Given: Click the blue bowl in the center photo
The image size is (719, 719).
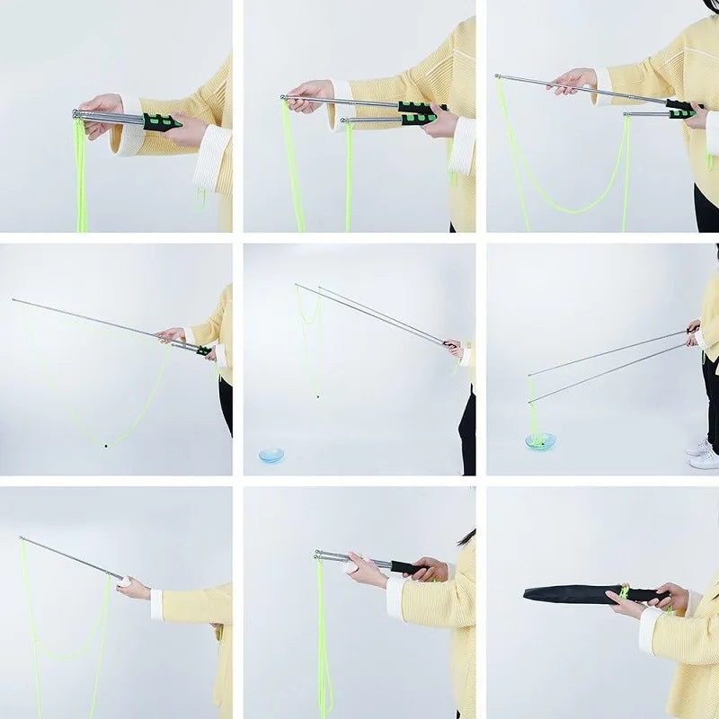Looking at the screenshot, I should [271, 456].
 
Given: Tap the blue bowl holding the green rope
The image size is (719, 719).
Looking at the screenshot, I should [540, 441].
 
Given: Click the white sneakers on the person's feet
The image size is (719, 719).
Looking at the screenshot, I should [703, 453].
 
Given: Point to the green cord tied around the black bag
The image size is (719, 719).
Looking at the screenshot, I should [623, 591].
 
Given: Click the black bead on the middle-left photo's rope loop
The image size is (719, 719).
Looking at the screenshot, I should [106, 444].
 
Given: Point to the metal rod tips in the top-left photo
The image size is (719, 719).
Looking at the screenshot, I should [75, 114].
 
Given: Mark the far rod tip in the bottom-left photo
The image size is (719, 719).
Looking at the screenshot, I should [22, 539].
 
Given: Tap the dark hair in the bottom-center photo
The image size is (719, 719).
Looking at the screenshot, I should [466, 537].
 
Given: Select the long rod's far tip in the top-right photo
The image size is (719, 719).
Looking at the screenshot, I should [498, 77].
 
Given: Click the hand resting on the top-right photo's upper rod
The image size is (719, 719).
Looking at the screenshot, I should [573, 80].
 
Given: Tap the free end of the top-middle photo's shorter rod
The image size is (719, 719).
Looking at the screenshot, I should [343, 120].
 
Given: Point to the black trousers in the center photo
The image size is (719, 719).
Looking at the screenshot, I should [467, 431].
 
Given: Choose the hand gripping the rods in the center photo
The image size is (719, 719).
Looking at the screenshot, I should [454, 347].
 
